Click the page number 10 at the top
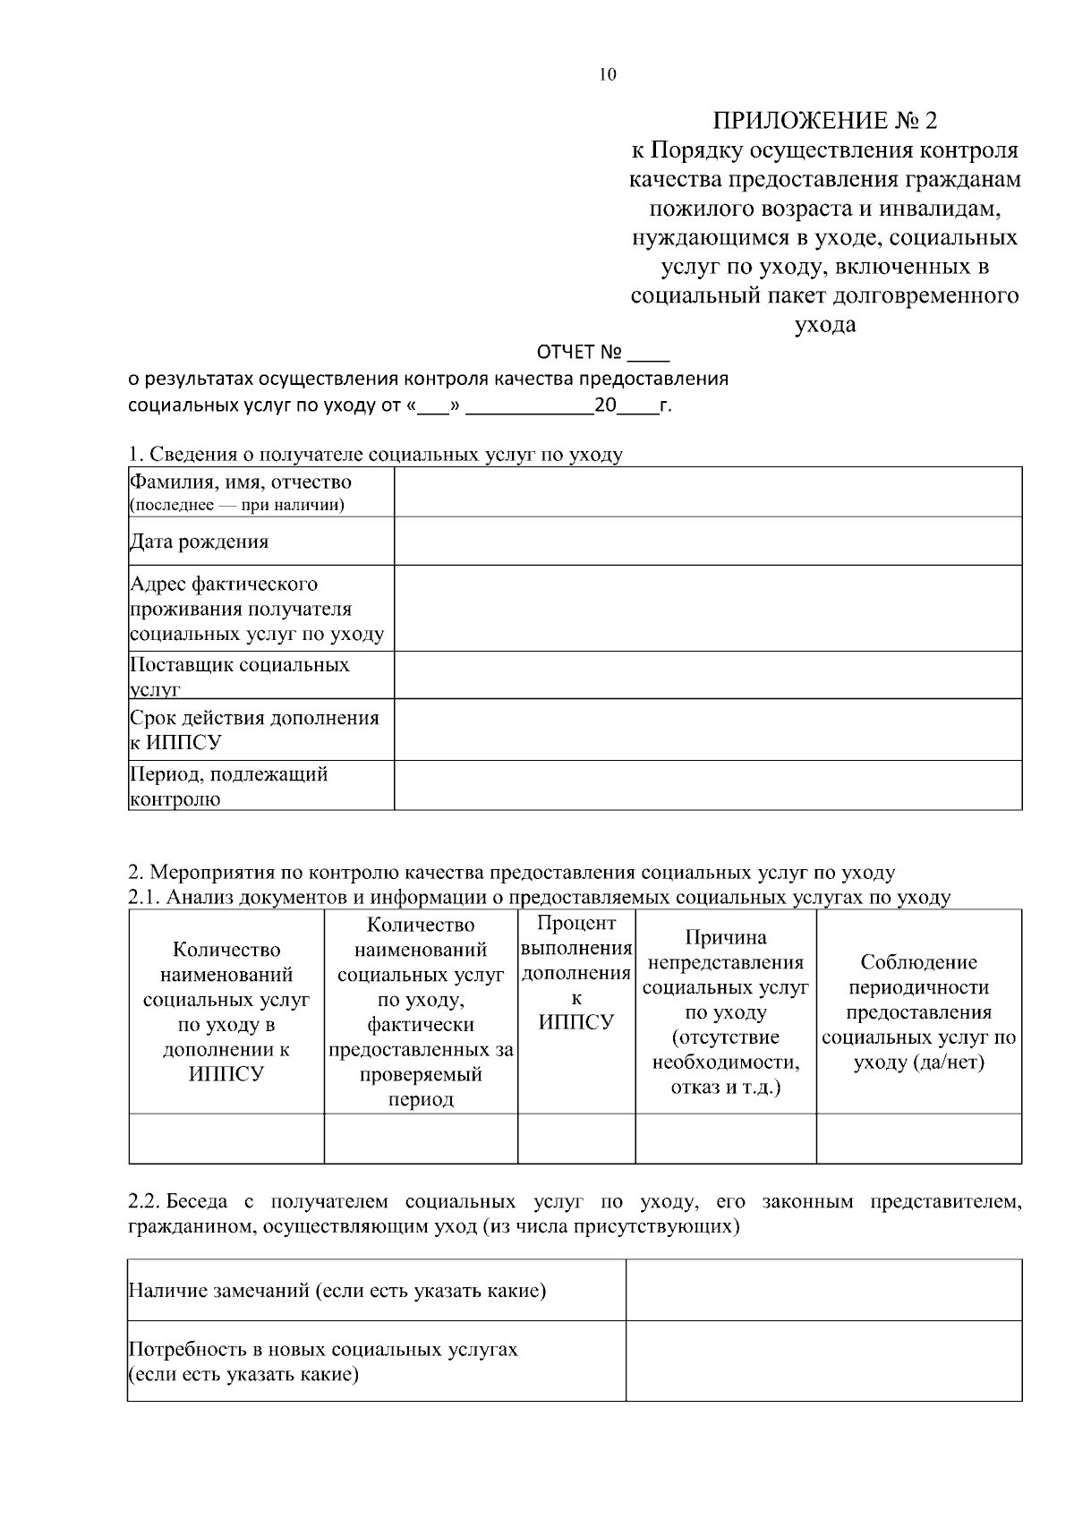click(x=607, y=74)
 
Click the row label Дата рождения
click(x=199, y=542)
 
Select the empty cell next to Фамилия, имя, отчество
click(x=707, y=491)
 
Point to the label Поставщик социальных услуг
click(x=239, y=676)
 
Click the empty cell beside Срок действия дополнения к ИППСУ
click(x=707, y=730)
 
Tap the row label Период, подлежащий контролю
click(x=228, y=786)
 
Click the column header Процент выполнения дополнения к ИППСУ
click(x=576, y=973)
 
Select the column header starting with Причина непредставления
click(x=725, y=1012)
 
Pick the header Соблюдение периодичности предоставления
click(x=918, y=1012)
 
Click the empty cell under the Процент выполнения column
click(x=576, y=1139)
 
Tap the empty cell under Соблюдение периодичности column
click(x=918, y=1139)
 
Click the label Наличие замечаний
click(x=337, y=1291)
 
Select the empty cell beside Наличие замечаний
click(x=823, y=1290)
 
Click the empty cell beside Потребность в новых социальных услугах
click(x=823, y=1361)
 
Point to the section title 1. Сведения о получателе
click(x=375, y=455)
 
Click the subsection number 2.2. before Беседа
click(x=143, y=1201)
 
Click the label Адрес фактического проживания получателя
click(x=257, y=609)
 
